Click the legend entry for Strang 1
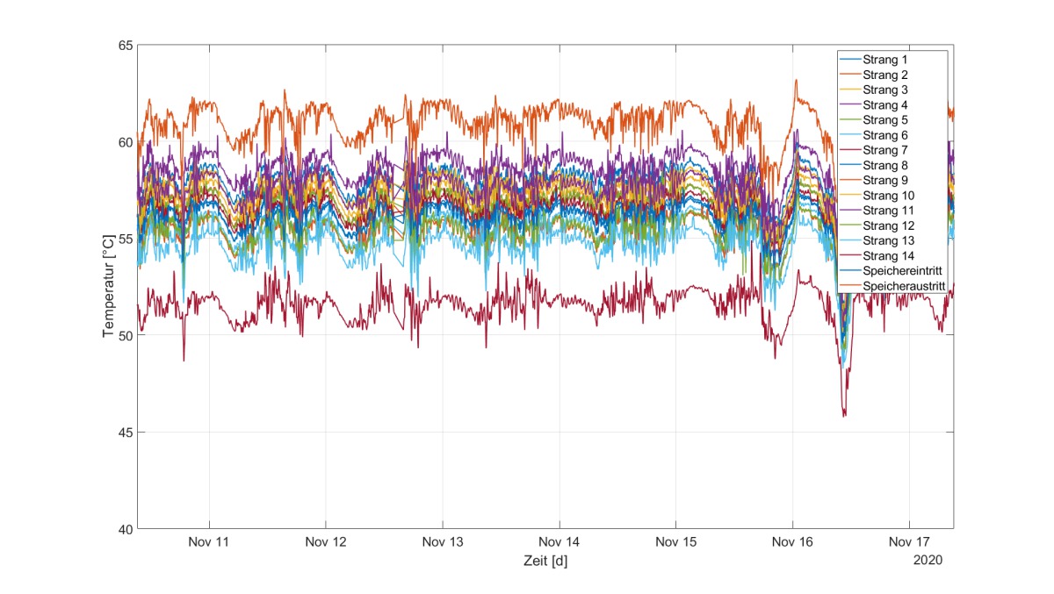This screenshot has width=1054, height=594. (x=885, y=60)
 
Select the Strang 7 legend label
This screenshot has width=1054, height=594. (x=885, y=150)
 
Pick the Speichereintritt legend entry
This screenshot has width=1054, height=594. (x=903, y=271)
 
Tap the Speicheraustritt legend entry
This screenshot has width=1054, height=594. (x=904, y=286)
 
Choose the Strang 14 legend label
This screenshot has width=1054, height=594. (x=888, y=255)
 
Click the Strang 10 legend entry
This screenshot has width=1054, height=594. (x=888, y=196)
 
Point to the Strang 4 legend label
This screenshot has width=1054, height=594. (x=885, y=104)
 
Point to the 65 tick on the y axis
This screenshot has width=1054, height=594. (x=126, y=46)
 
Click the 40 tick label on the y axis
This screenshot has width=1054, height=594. (x=126, y=529)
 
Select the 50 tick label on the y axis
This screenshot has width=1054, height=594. (x=126, y=335)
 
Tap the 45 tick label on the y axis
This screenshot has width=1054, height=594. (x=126, y=433)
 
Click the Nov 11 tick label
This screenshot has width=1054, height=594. (x=208, y=542)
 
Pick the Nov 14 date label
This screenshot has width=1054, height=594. (x=559, y=542)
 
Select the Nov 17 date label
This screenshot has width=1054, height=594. (x=909, y=542)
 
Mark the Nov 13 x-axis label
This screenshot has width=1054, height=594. (x=443, y=542)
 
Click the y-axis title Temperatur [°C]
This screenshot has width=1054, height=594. (x=108, y=286)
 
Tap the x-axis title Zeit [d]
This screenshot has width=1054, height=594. (x=545, y=561)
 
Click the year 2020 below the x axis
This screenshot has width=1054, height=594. (x=928, y=560)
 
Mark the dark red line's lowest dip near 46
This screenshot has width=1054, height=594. (x=844, y=416)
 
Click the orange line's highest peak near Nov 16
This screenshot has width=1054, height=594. (x=796, y=81)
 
